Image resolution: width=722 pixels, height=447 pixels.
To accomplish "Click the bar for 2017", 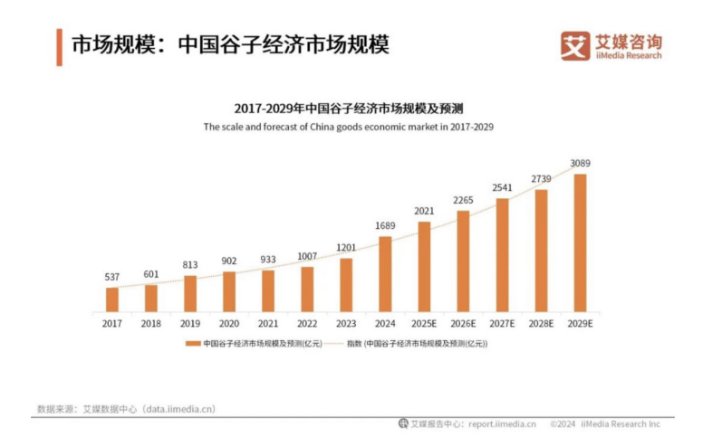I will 112,300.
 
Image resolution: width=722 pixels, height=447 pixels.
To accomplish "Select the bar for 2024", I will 385,274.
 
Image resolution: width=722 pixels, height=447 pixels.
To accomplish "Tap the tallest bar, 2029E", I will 580,243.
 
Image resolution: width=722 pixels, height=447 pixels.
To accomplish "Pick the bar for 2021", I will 268,290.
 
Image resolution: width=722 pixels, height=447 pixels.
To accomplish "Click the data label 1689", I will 385,225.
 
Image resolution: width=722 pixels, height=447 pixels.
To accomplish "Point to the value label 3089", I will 581,164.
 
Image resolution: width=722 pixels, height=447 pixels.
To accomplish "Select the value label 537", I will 112,277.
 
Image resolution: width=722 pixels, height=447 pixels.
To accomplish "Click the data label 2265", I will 463,201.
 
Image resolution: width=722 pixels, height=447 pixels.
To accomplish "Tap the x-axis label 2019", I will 190,322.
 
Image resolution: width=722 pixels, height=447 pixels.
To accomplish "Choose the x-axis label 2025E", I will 424,322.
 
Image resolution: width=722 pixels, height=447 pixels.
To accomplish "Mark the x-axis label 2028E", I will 541,322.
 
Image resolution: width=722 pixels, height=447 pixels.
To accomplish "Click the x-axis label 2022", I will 307,322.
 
